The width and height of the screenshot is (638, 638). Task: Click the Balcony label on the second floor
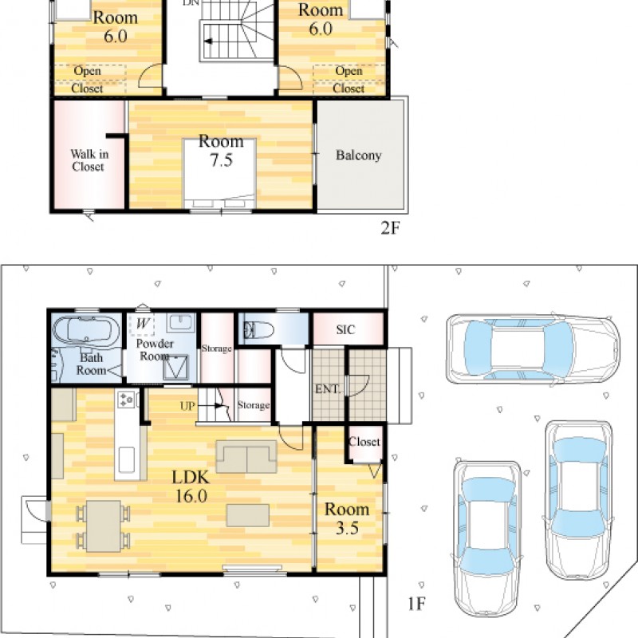pyautogui.click(x=358, y=156)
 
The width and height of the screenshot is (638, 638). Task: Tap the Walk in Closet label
pyautogui.click(x=89, y=160)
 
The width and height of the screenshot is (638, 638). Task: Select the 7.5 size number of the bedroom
pyautogui.click(x=222, y=160)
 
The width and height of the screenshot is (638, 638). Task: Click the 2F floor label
pyautogui.click(x=390, y=228)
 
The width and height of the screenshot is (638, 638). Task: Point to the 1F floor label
pyautogui.click(x=416, y=604)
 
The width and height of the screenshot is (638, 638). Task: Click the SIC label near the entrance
pyautogui.click(x=345, y=329)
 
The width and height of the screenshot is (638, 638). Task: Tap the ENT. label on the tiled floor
pyautogui.click(x=328, y=389)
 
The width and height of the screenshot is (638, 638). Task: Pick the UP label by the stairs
pyautogui.click(x=187, y=406)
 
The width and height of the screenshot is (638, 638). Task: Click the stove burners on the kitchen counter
pyautogui.click(x=125, y=400)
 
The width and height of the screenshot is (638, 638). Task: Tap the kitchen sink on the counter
pyautogui.click(x=127, y=460)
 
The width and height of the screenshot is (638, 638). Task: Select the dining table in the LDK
pyautogui.click(x=104, y=526)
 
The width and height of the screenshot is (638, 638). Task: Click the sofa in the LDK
pyautogui.click(x=246, y=456)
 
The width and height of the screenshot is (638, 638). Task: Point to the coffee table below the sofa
pyautogui.click(x=248, y=515)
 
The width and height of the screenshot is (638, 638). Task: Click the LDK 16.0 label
pyautogui.click(x=191, y=486)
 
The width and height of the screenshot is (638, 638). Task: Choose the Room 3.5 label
pyautogui.click(x=347, y=518)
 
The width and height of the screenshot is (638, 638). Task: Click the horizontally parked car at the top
pyautogui.click(x=533, y=350)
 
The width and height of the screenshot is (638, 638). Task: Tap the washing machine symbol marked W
pyautogui.click(x=142, y=324)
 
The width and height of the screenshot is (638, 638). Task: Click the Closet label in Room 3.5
pyautogui.click(x=364, y=442)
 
